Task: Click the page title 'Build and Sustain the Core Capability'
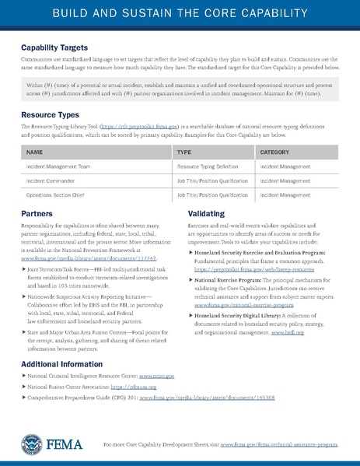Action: tap(180, 15)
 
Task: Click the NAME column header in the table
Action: tap(34, 152)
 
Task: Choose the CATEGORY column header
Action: tap(274, 152)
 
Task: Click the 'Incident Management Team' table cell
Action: tap(58, 166)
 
